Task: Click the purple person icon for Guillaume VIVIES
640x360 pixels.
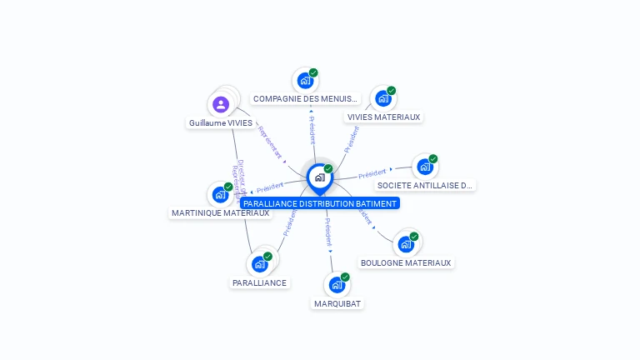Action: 221,104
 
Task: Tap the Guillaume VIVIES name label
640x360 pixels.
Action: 221,123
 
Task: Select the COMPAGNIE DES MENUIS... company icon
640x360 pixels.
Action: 305,81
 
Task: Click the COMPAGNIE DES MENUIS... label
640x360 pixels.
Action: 306,99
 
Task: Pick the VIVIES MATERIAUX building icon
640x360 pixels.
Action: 383,98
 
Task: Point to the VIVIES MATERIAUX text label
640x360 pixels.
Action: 383,117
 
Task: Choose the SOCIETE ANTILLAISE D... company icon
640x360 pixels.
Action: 425,167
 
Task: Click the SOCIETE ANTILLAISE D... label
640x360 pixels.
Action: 425,186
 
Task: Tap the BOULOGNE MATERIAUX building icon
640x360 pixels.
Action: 406,244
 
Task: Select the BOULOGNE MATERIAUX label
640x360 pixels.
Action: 406,263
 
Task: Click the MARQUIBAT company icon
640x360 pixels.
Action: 337,285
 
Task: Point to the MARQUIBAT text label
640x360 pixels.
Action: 337,304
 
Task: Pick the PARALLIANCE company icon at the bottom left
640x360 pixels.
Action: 259,264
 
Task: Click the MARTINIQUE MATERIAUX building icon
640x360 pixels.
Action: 220,195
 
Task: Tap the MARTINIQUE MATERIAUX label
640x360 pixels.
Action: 220,213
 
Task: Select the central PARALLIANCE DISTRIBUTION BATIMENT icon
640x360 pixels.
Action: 319,177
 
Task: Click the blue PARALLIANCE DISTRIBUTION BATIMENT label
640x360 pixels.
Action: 320,203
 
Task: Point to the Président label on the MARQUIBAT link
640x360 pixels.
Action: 328,231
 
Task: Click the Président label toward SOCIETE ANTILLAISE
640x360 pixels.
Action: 372,173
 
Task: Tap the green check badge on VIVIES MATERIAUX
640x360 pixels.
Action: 392,91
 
